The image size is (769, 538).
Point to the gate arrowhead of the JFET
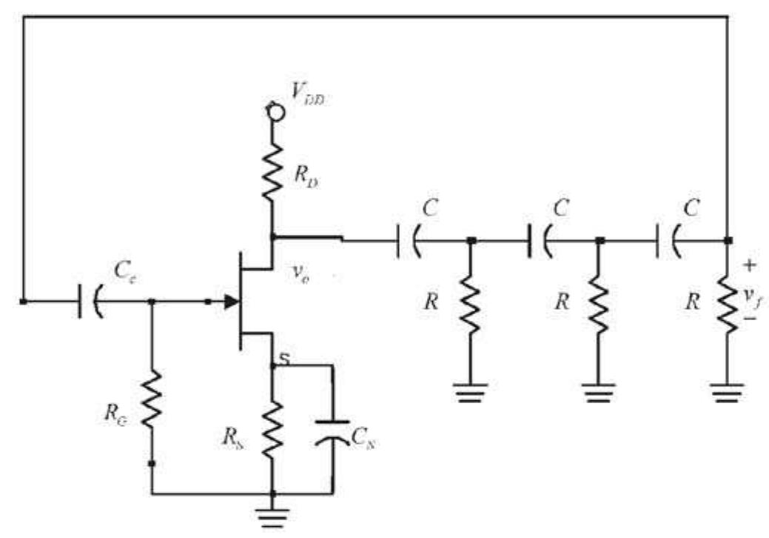(x=231, y=302)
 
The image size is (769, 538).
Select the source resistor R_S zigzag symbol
(x=273, y=428)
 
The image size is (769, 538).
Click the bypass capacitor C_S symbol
(x=332, y=431)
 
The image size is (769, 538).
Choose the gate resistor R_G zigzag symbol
(x=152, y=399)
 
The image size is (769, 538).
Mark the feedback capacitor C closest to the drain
(x=404, y=240)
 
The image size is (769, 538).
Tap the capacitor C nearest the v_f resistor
(x=665, y=240)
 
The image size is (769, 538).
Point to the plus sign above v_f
(x=750, y=265)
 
